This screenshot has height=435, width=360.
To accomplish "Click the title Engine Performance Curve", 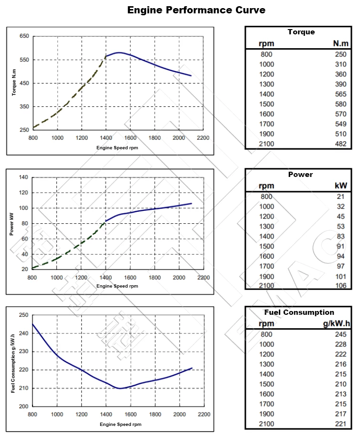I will pyautogui.click(x=196, y=10).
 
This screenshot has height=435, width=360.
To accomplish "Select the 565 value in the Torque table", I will pyautogui.click(x=340, y=94).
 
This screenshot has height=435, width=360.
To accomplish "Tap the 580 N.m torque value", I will pyautogui.click(x=340, y=104).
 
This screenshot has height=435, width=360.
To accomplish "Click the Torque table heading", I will pyautogui.click(x=301, y=32).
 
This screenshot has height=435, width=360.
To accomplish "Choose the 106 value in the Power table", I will pyautogui.click(x=341, y=286).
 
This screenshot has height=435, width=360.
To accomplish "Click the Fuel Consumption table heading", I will pyautogui.click(x=299, y=312).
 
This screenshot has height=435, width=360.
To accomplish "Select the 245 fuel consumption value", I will pyautogui.click(x=340, y=334).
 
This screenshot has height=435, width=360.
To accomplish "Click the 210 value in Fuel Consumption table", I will pyautogui.click(x=340, y=384).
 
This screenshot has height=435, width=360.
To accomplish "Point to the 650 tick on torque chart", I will pyautogui.click(x=24, y=36).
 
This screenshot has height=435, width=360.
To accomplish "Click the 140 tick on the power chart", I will pyautogui.click(x=24, y=177).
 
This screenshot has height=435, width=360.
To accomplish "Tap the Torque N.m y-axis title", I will pyautogui.click(x=14, y=83).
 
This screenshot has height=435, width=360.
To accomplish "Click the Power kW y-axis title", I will pyautogui.click(x=11, y=224).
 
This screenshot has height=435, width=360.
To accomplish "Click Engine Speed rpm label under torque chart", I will pyautogui.click(x=117, y=148).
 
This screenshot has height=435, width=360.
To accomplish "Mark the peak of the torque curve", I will pyautogui.click(x=118, y=52).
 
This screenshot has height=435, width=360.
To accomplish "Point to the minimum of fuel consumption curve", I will pyautogui.click(x=119, y=388).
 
